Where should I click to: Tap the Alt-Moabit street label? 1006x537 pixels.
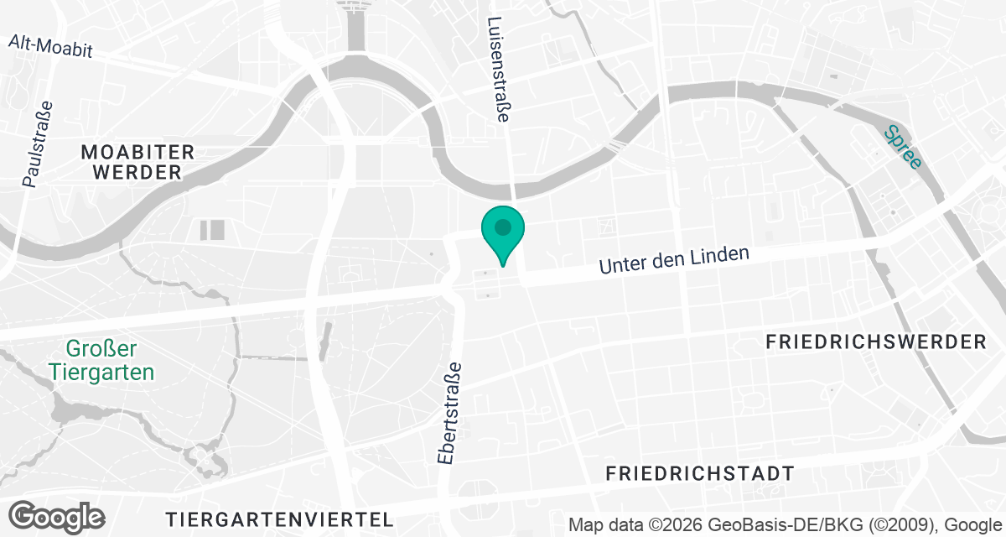(50, 46)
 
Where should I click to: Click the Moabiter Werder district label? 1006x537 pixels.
(137, 163)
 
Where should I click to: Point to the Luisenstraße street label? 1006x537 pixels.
(498, 70)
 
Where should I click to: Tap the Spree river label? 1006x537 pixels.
(903, 146)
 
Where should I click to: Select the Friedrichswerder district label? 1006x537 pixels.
(877, 342)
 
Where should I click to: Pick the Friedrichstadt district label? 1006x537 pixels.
(700, 473)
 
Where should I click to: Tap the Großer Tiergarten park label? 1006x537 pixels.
(101, 361)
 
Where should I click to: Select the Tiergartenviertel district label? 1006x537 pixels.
(279, 518)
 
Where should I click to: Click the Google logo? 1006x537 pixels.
(56, 516)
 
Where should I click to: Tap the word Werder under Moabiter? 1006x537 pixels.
(137, 173)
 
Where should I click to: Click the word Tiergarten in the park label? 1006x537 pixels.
(101, 372)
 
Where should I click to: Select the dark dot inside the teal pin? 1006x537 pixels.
(502, 227)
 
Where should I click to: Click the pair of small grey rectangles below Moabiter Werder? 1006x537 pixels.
(212, 230)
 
